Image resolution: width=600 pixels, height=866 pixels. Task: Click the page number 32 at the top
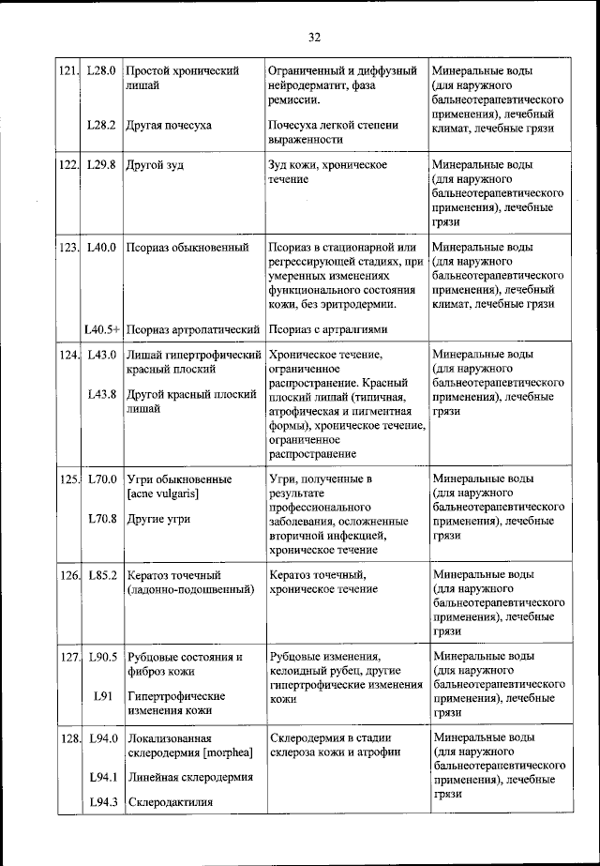tap(313, 37)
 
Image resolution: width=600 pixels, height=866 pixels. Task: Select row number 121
tap(66, 70)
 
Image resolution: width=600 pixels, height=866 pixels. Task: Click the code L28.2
tap(100, 125)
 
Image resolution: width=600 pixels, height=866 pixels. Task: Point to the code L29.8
tap(100, 165)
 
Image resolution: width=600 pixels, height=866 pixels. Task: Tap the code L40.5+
tap(100, 329)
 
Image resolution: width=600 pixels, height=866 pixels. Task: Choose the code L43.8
tap(100, 394)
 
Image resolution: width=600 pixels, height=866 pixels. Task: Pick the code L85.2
tap(100, 574)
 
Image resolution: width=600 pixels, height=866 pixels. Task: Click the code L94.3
tap(100, 801)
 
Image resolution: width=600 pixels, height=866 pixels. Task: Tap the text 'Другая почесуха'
tap(169, 125)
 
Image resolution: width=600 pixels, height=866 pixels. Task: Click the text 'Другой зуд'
tap(155, 165)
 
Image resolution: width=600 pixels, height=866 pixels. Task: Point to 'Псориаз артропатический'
tap(192, 329)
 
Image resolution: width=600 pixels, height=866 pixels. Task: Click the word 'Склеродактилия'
tap(170, 802)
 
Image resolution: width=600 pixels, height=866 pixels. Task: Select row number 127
tap(66, 657)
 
